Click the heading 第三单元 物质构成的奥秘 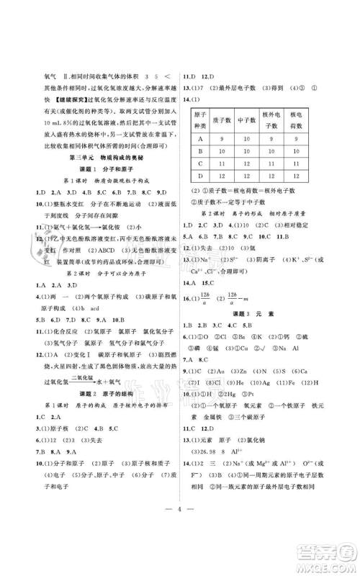tap(96, 158)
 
